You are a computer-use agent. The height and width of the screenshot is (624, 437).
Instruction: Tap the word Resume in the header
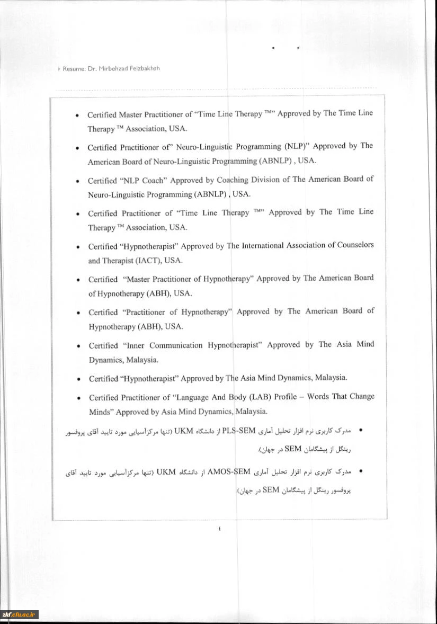pyautogui.click(x=74, y=69)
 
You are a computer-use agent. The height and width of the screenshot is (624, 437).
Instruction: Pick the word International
pyautogui.click(x=262, y=245)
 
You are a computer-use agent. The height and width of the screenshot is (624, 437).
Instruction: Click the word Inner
pyautogui.click(x=133, y=345)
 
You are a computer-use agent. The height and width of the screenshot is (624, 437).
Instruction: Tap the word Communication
pyautogui.click(x=176, y=345)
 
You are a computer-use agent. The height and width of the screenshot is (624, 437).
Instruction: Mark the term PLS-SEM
pyautogui.click(x=239, y=430)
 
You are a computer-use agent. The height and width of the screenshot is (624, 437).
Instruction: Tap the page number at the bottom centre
pyautogui.click(x=219, y=528)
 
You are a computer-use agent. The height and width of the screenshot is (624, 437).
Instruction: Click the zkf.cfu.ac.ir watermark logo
pyautogui.click(x=19, y=614)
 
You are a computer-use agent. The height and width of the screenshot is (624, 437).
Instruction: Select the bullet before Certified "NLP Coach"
pyautogui.click(x=77, y=181)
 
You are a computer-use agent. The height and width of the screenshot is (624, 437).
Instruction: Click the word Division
pyautogui.click(x=265, y=180)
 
